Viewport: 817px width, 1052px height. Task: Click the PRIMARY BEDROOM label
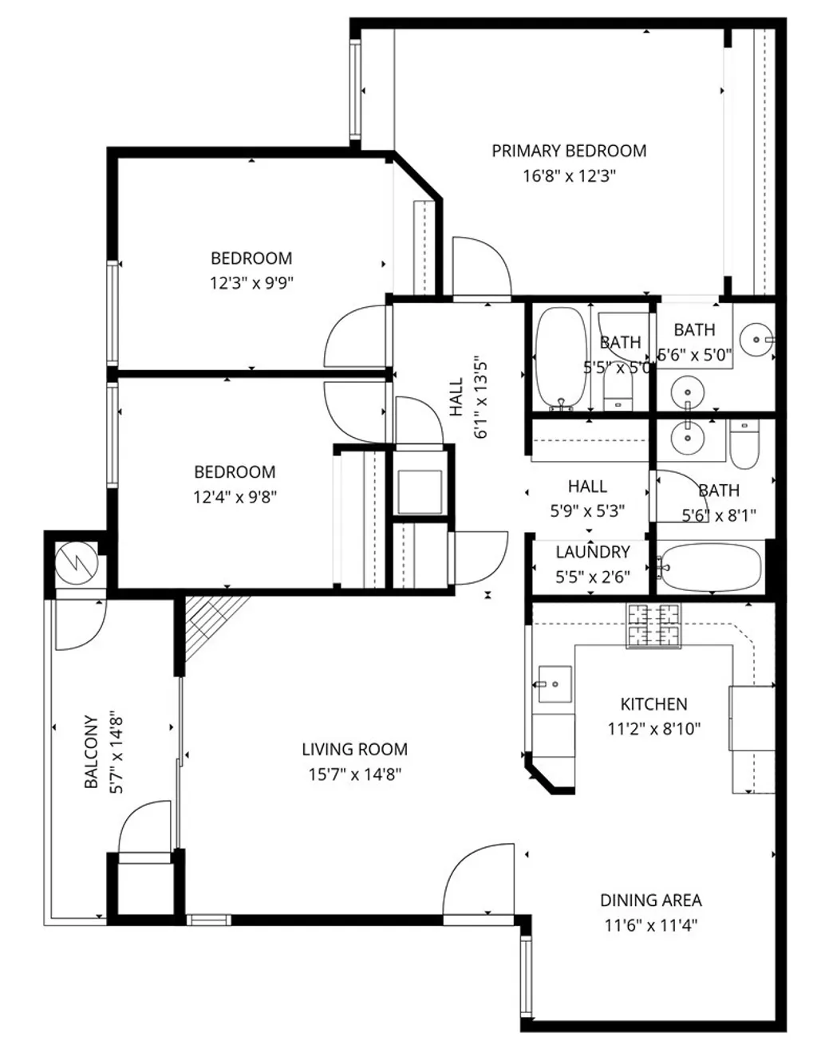tap(568, 151)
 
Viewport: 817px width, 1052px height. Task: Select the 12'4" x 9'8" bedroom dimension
tap(235, 497)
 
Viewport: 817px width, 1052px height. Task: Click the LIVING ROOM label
tap(354, 749)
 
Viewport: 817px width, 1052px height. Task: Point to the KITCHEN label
tap(653, 703)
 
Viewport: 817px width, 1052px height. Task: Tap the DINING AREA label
tap(650, 900)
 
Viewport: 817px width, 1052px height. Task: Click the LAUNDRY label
tap(592, 552)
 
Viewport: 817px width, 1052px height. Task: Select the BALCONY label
tap(92, 751)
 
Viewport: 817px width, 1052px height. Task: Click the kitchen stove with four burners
tap(654, 625)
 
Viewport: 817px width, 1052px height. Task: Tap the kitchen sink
tap(554, 684)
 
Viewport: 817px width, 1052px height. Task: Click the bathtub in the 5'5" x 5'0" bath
tap(560, 357)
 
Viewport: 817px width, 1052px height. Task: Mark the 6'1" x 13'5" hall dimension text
tap(480, 396)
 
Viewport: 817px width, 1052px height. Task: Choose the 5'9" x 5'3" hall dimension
tap(587, 510)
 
